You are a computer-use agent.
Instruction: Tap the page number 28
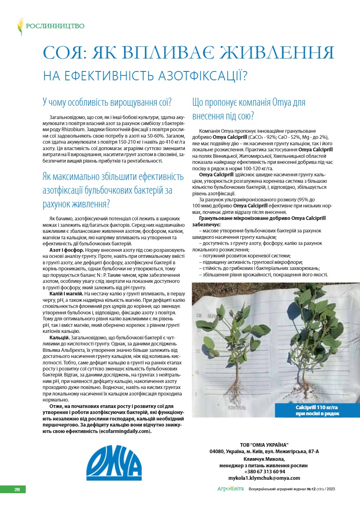pos(17,490)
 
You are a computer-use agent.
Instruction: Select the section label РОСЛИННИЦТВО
pos(55,26)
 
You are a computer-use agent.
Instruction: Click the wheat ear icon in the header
pos(20,26)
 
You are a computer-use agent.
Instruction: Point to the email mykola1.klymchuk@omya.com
pos(264,478)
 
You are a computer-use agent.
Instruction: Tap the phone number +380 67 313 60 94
pos(264,471)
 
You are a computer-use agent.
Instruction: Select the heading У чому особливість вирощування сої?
pos(107,102)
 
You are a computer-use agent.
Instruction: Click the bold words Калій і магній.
pos(66,294)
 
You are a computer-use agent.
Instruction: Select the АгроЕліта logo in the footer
pos(231,489)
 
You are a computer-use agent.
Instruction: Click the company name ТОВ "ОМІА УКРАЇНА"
pos(264,445)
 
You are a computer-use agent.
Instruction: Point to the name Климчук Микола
pos(264,459)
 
